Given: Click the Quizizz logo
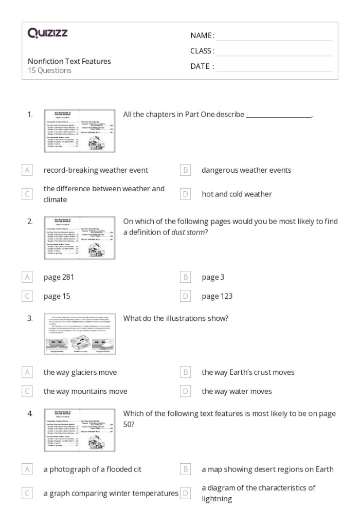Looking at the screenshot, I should coord(48,33).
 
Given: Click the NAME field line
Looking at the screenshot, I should coord(274,36).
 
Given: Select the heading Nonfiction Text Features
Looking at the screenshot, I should coord(69,61).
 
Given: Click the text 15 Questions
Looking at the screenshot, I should coord(49,70).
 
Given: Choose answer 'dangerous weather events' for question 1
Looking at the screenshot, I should coord(246,170).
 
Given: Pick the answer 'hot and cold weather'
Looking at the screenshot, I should coord(236,194).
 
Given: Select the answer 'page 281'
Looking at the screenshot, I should coord(59,277).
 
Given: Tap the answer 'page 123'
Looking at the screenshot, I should coord(217,296).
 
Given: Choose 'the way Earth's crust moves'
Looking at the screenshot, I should coord(247,372).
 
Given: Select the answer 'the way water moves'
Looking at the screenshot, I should coord(237,391).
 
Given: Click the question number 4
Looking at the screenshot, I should coord(30,414).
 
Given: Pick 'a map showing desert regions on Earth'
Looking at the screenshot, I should coord(267,469).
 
